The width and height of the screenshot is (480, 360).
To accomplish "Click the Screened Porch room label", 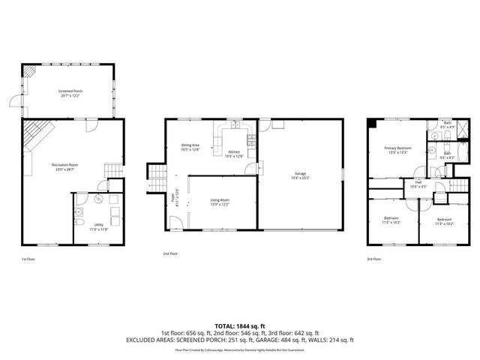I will tap(70, 91).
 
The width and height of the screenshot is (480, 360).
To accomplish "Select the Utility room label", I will tap(99, 224).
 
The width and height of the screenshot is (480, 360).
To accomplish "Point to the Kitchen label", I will tap(234, 151).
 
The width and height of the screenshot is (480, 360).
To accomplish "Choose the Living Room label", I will tap(219, 200).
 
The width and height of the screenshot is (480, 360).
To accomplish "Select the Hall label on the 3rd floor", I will tap(418, 182).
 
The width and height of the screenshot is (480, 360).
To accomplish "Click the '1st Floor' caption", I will tap(28, 259).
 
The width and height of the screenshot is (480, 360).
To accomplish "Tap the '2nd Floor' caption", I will tap(170, 254).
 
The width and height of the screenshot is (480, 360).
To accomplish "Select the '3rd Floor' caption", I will tap(373, 259).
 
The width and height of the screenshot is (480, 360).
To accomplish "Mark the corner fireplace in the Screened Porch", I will tap(29, 70).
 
